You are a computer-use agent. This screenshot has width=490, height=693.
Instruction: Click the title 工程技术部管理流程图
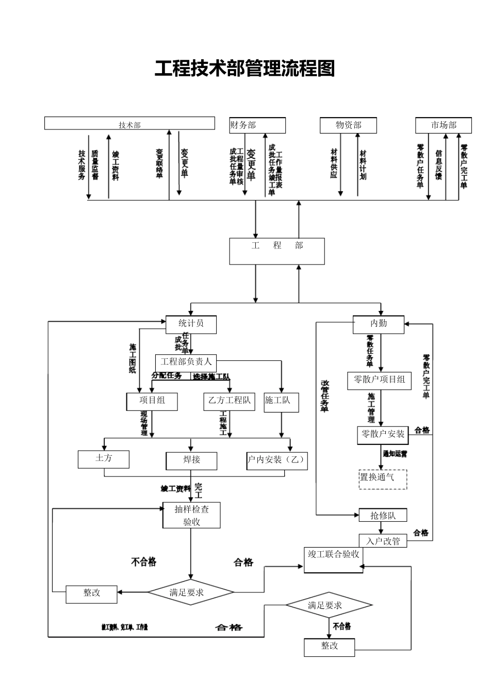pos(245,69)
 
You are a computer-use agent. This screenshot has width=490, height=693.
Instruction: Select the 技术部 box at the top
pos(129,124)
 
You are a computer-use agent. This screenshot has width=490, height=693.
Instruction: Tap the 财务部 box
pos(257,125)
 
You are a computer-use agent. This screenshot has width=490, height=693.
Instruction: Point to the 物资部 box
pos(348,125)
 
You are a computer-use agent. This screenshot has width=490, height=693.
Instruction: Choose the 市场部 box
pos(444,125)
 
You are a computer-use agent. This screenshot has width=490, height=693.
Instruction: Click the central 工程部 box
pos(277,251)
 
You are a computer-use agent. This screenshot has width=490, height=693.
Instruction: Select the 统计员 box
pos(191,324)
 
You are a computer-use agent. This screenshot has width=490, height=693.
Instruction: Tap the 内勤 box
pos(379,324)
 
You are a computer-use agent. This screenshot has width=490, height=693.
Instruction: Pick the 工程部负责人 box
pos(186,362)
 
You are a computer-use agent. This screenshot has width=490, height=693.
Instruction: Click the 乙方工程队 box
pos(230,401)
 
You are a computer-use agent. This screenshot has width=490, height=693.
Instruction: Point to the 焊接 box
pos(191,460)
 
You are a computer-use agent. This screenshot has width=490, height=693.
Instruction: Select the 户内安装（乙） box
pos(277,460)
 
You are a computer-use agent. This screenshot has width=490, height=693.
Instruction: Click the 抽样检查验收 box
pos(191,515)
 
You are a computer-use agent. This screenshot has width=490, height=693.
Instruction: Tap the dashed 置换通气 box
pos(383,478)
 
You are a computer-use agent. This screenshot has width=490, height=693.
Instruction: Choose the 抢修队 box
pos(382,515)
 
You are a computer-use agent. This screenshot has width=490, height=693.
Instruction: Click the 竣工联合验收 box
pos(333,559)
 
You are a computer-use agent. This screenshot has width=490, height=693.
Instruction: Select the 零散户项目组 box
pos(380,380)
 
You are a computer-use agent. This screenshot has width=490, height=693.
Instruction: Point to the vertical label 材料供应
pos(334,163)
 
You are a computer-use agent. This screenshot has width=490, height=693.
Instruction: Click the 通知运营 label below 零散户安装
pos(395,454)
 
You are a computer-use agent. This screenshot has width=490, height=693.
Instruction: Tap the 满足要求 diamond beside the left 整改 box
pos(191,592)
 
